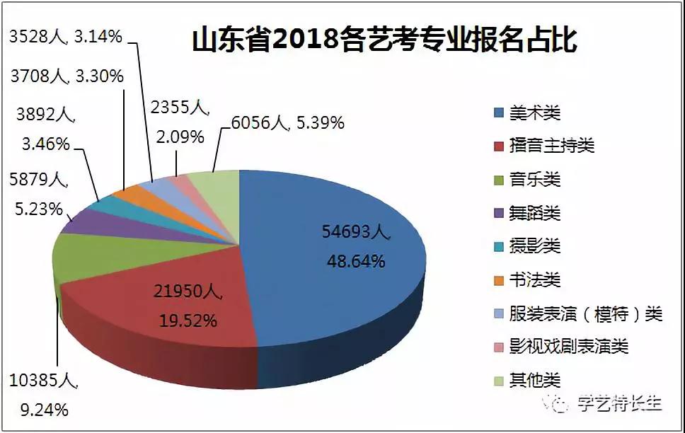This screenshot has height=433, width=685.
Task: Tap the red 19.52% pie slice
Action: click(163, 311)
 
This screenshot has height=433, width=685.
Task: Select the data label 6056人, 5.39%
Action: click(287, 123)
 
